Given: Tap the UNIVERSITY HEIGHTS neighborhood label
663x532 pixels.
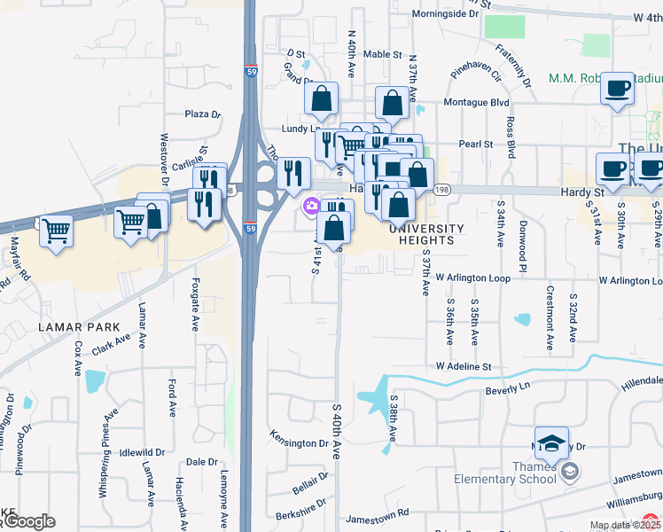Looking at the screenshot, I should [x=426, y=234].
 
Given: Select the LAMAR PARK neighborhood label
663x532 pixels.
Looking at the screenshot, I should [x=73, y=327].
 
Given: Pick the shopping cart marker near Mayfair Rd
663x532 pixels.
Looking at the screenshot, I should [x=57, y=231].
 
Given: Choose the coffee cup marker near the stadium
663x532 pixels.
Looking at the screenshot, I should [x=618, y=89].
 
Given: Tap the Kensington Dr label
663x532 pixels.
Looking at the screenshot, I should [x=299, y=441].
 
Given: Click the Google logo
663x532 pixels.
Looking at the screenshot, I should [x=28, y=521].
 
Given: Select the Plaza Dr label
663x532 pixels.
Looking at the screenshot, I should [x=202, y=114].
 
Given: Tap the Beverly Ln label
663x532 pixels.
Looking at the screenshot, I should [x=507, y=391].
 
